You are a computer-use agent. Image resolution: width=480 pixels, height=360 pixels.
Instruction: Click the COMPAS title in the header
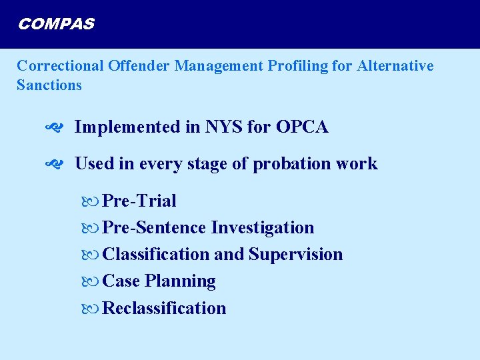pyautogui.click(x=56, y=25)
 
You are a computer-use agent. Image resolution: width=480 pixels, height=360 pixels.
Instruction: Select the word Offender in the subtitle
pyautogui.click(x=137, y=66)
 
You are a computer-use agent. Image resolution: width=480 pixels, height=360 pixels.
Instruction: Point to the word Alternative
pyautogui.click(x=395, y=66)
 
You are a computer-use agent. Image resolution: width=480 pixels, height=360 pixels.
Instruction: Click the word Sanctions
pyautogui.click(x=49, y=85)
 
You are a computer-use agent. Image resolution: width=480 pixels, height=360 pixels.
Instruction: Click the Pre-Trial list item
pyautogui.click(x=140, y=201)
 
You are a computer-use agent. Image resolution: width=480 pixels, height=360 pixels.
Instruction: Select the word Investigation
pyautogui.click(x=263, y=228)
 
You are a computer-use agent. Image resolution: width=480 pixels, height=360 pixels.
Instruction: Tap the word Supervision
pyautogui.click(x=296, y=255)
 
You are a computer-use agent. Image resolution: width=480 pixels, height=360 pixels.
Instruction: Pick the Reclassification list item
pyautogui.click(x=165, y=308)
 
